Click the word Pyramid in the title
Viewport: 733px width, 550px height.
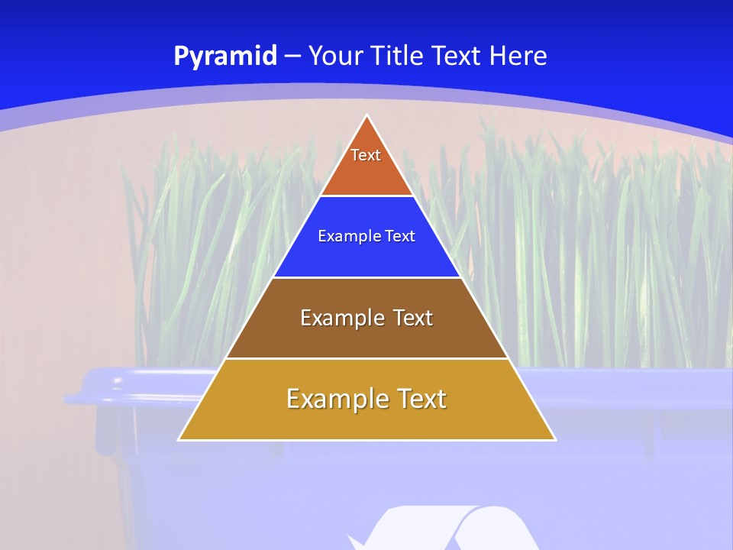coord(224,57)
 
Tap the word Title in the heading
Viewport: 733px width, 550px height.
coord(402,57)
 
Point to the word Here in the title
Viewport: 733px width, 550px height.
coord(518,57)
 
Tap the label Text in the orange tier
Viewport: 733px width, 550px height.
coord(366,155)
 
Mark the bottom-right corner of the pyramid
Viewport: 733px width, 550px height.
coord(554,439)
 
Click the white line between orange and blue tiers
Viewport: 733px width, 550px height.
coord(366,196)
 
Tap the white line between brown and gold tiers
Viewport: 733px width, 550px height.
coord(366,358)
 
